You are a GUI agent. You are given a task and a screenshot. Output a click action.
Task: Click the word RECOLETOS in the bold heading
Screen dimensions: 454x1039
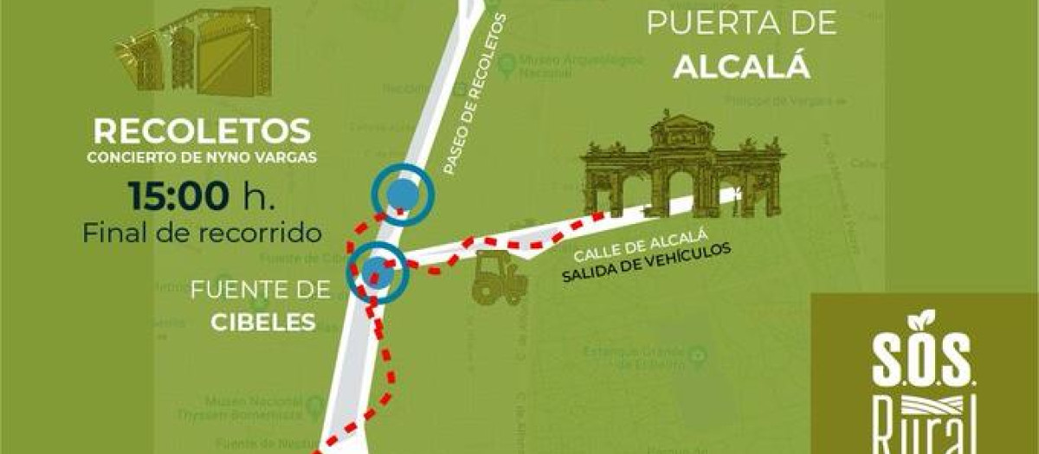pyautogui.click(x=201, y=131)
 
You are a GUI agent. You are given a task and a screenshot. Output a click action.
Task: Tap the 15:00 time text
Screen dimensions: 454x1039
pyautogui.click(x=180, y=195)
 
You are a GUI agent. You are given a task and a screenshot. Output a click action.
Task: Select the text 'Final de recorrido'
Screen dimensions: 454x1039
pyautogui.click(x=203, y=233)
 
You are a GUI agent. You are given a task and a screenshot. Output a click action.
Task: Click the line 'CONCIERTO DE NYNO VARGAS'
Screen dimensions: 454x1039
pyautogui.click(x=201, y=157)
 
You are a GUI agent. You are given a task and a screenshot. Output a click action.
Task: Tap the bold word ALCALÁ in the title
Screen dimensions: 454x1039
pyautogui.click(x=741, y=67)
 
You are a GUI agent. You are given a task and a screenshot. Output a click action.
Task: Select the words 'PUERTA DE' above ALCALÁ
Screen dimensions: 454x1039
pyautogui.click(x=742, y=23)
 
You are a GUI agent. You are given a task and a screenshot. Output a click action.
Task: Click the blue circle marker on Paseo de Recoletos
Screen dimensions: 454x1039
pyautogui.click(x=401, y=195)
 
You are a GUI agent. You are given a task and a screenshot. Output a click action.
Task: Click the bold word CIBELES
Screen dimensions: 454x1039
pyautogui.click(x=262, y=323)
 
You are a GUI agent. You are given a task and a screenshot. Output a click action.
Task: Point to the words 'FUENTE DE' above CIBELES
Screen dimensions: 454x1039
pyautogui.click(x=261, y=290)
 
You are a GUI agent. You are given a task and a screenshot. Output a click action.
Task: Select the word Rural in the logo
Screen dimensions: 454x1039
pyautogui.click(x=924, y=428)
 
